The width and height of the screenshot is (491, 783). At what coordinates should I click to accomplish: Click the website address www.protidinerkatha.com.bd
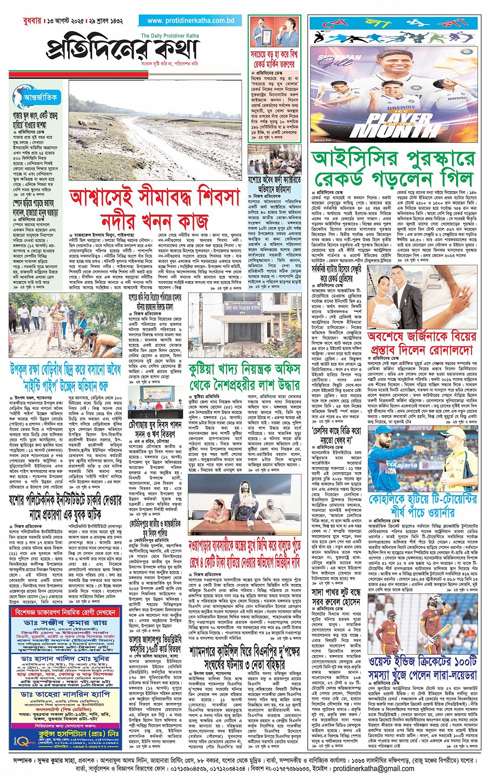pos(191,21)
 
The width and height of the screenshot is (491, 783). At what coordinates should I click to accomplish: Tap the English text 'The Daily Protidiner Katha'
pos(170,36)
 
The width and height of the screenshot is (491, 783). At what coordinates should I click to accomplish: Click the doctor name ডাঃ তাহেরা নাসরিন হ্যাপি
pos(65,694)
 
